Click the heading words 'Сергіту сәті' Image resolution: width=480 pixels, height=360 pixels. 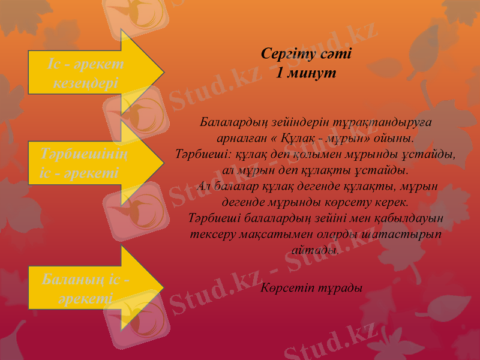tap(307, 53)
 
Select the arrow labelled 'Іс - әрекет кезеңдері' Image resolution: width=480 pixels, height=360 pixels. tap(90, 72)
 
